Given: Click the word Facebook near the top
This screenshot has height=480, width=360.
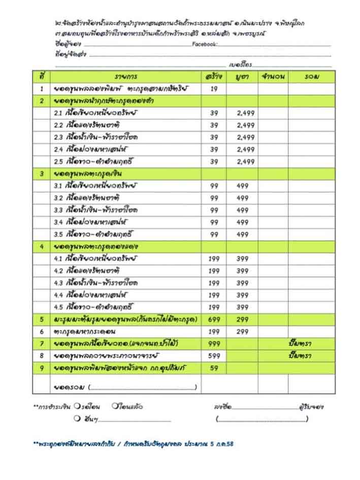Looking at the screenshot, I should (205, 45).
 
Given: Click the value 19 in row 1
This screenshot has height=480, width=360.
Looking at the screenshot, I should (214, 89).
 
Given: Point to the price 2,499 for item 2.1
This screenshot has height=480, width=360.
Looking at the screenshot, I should (246, 113).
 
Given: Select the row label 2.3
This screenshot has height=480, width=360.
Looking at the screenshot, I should (58, 138).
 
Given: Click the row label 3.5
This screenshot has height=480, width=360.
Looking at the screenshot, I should (58, 234).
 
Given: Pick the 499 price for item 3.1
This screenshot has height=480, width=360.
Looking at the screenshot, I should (243, 186).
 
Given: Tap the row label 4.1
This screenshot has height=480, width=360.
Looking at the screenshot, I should (58, 259).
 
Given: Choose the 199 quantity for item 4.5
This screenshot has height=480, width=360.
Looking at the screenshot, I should (214, 307).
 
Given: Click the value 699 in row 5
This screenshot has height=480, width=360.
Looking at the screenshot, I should (214, 319).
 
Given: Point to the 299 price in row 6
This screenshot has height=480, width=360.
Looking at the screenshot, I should (243, 332).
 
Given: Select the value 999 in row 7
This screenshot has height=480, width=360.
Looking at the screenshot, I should (214, 344).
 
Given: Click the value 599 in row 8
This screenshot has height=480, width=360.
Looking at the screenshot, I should (214, 356).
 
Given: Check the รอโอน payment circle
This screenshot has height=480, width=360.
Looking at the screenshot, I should (75, 406).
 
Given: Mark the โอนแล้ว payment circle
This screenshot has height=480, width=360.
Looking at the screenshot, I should (116, 406).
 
